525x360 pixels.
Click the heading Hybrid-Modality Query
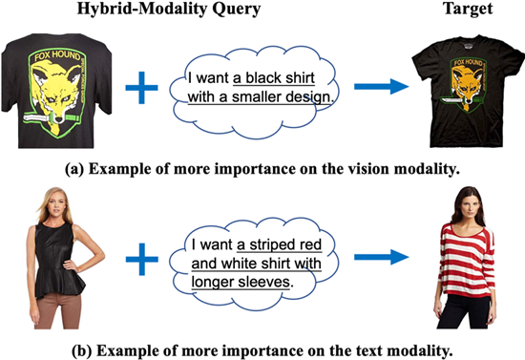click(x=169, y=9)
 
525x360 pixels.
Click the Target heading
click(x=468, y=9)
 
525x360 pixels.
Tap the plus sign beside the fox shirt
click(x=141, y=88)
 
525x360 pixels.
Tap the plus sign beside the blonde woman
click(x=142, y=259)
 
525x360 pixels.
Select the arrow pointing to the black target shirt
click(x=382, y=87)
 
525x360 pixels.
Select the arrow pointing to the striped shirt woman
click(x=382, y=257)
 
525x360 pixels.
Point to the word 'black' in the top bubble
click(x=264, y=78)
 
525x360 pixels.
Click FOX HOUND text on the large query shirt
click(x=57, y=56)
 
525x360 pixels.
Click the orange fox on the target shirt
click(x=467, y=84)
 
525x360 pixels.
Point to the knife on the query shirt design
click(x=51, y=117)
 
